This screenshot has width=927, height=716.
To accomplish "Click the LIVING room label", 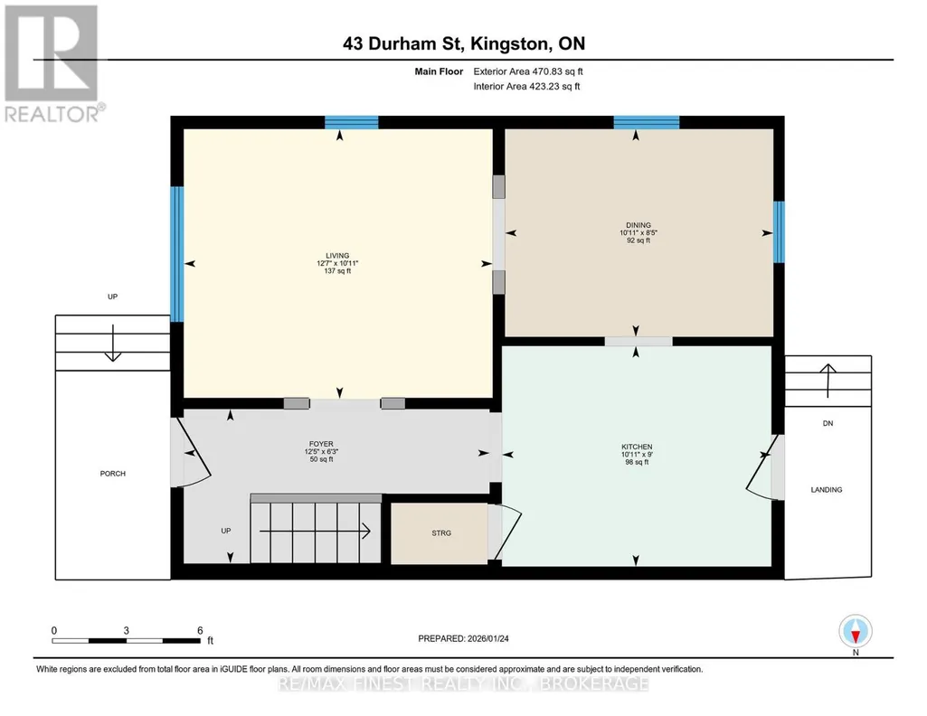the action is pyautogui.click(x=337, y=256).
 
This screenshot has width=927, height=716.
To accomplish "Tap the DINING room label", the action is pyautogui.click(x=638, y=225).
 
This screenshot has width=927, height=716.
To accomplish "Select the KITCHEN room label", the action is pyautogui.click(x=637, y=447).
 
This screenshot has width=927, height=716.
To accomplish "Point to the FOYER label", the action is pyautogui.click(x=321, y=444).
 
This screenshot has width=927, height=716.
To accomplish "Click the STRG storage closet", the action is pyautogui.click(x=440, y=532).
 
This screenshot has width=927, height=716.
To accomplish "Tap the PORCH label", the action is pyautogui.click(x=113, y=473).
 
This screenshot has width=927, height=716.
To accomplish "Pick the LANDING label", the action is pyautogui.click(x=827, y=490).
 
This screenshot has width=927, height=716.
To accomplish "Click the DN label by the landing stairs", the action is pyautogui.click(x=828, y=423).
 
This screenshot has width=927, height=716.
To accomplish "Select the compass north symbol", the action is pyautogui.click(x=855, y=631).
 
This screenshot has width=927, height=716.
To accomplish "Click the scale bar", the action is pyautogui.click(x=126, y=640).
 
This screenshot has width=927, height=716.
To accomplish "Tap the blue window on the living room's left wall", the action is pyautogui.click(x=176, y=254).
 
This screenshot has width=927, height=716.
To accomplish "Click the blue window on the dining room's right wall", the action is pyautogui.click(x=780, y=231).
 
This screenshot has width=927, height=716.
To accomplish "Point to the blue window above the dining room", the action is pyautogui.click(x=646, y=122).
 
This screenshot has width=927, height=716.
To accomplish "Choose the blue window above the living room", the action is pyautogui.click(x=351, y=122).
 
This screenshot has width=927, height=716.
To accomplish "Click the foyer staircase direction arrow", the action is pyautogui.click(x=315, y=531).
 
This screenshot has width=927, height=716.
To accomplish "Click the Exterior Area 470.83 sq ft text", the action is pyautogui.click(x=528, y=71).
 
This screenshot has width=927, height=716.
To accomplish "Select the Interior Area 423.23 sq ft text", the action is pyautogui.click(x=526, y=86).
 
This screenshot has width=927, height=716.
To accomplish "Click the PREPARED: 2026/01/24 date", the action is pyautogui.click(x=463, y=638).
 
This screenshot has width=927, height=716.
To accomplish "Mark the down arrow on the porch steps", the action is pyautogui.click(x=112, y=343).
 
